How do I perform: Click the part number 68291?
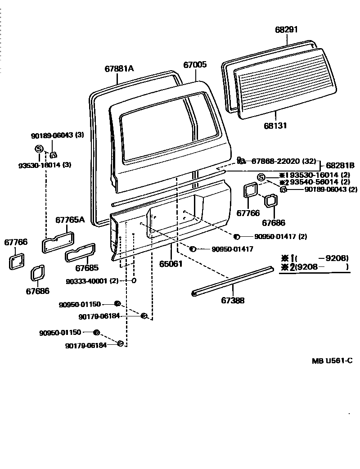[x=287, y=30]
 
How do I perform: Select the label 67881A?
[x=119, y=68]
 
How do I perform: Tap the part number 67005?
[x=195, y=65]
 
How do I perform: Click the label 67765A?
[x=70, y=220]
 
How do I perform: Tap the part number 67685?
[x=87, y=268]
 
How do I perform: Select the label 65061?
[x=171, y=263]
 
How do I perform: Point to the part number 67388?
[x=233, y=300]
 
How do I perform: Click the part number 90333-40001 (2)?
[x=92, y=281]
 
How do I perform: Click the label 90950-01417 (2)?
[x=281, y=236]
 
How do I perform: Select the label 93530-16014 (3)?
[x=45, y=165]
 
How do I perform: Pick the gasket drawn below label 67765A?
[x=58, y=241]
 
